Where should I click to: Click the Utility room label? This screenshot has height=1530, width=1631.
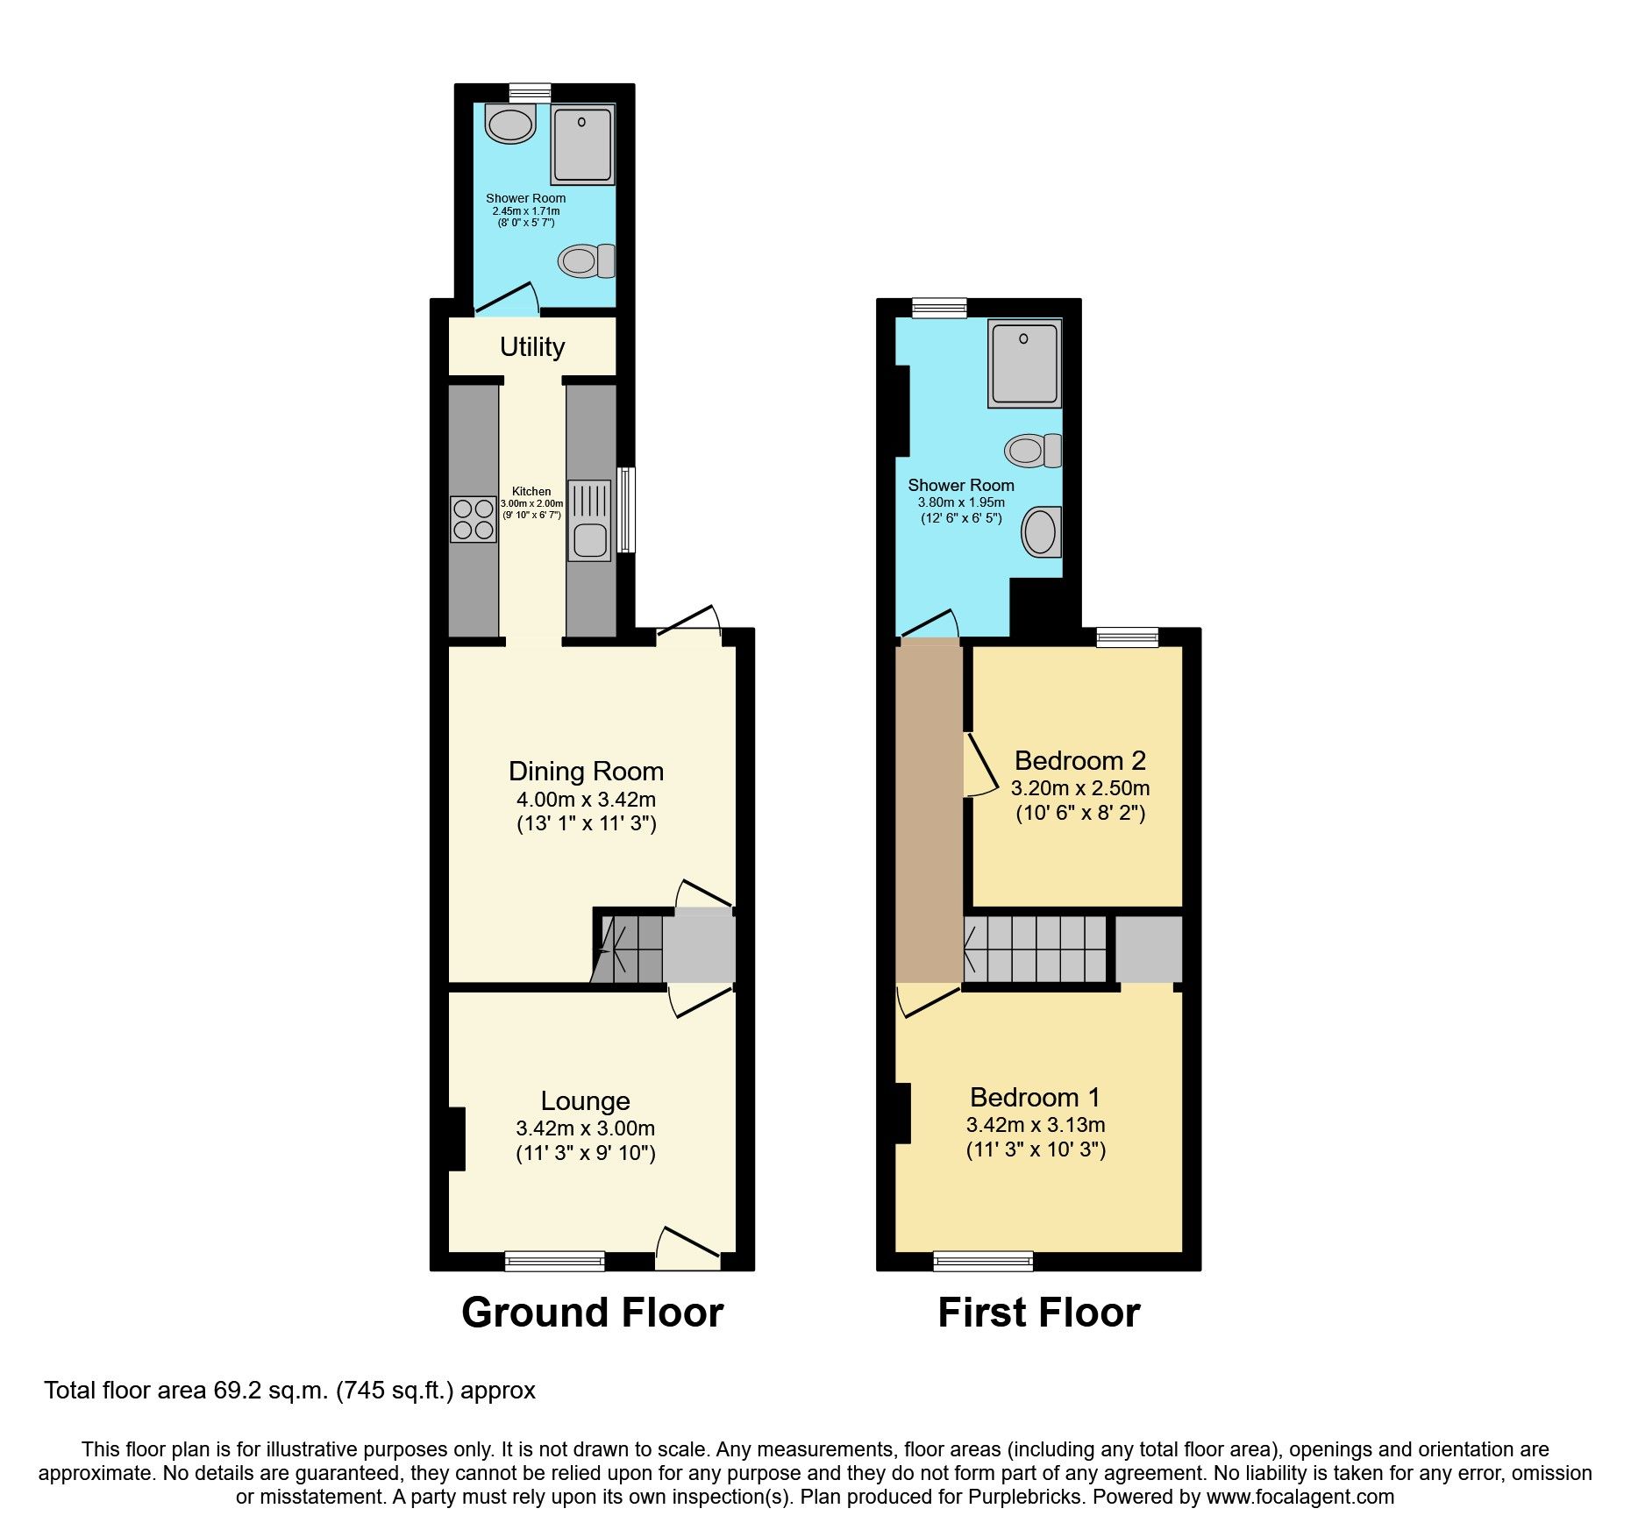(532, 347)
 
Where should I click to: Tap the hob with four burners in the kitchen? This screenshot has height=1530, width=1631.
(474, 519)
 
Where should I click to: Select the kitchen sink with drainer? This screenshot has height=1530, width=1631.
(589, 520)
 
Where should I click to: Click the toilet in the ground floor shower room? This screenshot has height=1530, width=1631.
(586, 260)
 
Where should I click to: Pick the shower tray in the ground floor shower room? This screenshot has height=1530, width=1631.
(582, 145)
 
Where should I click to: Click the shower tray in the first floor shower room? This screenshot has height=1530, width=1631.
(1024, 363)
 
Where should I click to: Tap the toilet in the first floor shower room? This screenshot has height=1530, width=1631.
(1032, 451)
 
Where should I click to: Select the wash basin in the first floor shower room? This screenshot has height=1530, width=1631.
(1041, 531)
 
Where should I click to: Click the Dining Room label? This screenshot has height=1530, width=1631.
(586, 772)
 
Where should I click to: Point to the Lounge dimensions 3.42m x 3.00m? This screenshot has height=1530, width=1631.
(586, 1128)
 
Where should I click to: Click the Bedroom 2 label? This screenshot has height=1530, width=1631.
(1079, 760)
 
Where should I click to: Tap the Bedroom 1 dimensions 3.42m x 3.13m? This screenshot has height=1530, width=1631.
(1036, 1125)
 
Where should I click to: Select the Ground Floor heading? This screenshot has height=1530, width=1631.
(592, 1313)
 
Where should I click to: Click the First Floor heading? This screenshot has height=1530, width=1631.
(1038, 1313)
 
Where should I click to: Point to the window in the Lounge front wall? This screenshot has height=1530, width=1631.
(554, 1261)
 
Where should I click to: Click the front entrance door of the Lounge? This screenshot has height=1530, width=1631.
(687, 1247)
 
